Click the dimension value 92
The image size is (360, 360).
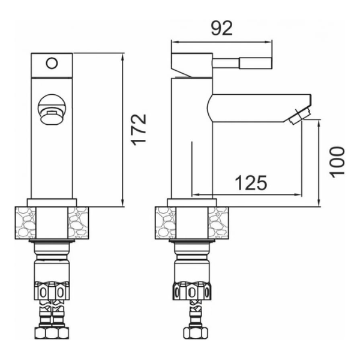[x=222, y=28]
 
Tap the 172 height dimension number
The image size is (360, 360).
[x=139, y=130]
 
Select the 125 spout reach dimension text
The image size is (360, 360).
[x=251, y=183]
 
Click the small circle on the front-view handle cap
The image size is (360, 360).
[x=52, y=63]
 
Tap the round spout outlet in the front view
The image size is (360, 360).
[x=52, y=110]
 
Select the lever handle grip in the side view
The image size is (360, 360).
[x=256, y=63]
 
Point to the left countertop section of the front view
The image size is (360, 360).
[x=25, y=223]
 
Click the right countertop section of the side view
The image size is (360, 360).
[x=218, y=223]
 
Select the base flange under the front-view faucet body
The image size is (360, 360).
[x=52, y=202]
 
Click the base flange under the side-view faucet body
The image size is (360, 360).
[x=192, y=202]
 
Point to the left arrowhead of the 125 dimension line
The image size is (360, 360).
[x=196, y=195]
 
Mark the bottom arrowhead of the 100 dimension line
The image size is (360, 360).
[x=319, y=203]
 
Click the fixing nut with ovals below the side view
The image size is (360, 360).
[x=193, y=290]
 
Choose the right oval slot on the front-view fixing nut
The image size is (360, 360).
[x=61, y=293]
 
